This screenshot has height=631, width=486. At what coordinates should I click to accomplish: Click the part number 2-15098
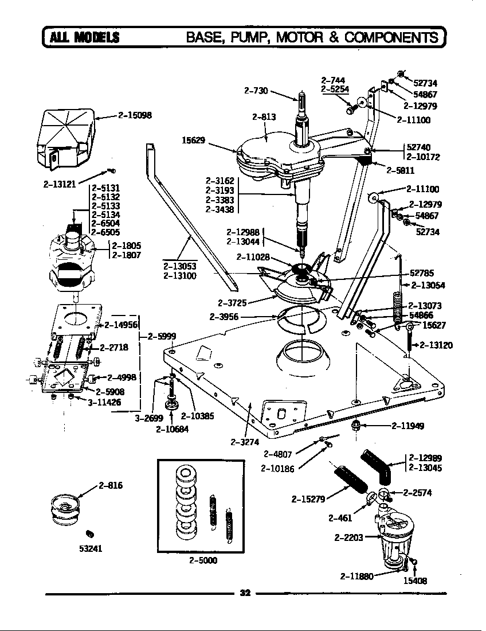[x=135, y=115]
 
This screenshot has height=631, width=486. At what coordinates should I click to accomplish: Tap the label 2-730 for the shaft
[x=256, y=90]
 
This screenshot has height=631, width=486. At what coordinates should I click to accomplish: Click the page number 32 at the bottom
[x=245, y=593]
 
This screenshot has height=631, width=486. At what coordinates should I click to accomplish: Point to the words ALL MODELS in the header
[x=85, y=38]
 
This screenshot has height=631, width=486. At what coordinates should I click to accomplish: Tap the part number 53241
[x=91, y=548]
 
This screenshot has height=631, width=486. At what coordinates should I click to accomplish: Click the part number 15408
[x=416, y=581]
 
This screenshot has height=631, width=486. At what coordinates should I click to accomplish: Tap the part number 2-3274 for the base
[x=243, y=441]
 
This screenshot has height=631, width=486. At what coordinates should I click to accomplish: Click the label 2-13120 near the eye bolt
[x=437, y=345]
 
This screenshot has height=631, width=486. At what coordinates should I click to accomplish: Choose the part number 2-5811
[x=401, y=170]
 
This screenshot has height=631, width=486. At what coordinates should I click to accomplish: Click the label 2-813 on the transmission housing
[x=264, y=117]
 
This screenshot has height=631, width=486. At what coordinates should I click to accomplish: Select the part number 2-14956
[x=121, y=325]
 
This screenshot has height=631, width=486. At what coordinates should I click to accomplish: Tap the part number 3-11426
[x=104, y=403]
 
